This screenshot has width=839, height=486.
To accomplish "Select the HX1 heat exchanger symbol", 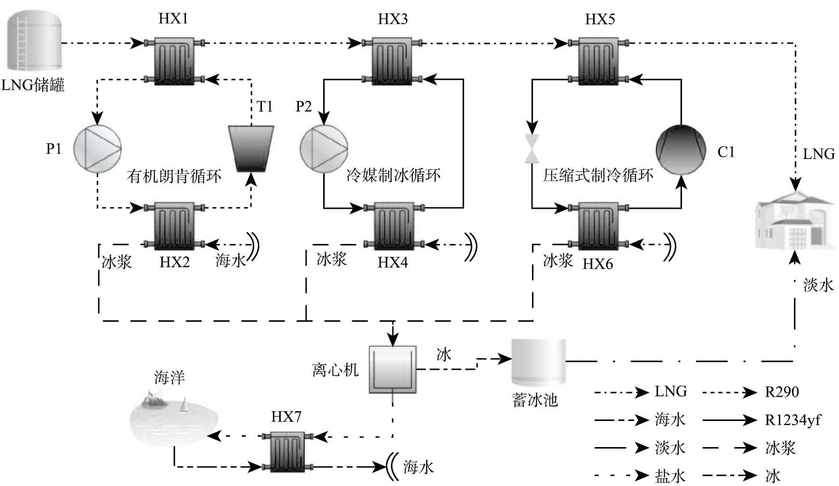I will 174,61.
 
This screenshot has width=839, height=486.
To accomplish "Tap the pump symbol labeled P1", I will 97,149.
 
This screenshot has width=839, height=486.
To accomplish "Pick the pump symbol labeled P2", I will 324,149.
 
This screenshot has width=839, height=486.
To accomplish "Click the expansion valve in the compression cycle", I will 531,149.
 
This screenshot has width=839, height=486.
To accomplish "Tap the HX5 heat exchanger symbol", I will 599,61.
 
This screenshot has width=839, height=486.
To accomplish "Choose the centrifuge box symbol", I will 393,369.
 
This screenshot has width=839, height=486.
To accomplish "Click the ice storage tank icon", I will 538,362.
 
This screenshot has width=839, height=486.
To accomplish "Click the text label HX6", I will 597,264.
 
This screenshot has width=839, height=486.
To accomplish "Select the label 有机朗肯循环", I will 174,177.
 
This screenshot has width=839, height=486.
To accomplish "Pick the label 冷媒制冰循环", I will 393,176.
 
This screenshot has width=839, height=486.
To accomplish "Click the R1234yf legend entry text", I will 792,420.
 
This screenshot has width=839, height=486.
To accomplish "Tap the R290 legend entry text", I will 782,392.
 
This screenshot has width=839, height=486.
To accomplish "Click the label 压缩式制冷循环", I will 598,176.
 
